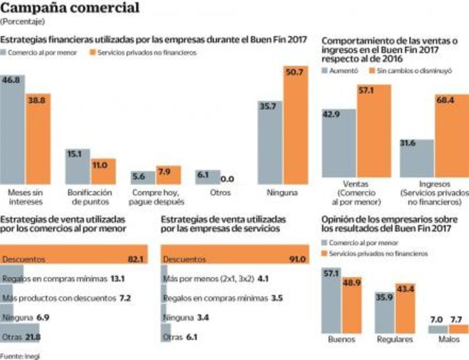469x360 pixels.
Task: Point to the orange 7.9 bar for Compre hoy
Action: [x=167, y=175]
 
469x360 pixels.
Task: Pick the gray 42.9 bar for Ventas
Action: [x=339, y=143]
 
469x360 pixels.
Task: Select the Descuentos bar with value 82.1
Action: [x=73, y=259]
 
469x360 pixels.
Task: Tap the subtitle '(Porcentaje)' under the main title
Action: [x=22, y=21]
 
